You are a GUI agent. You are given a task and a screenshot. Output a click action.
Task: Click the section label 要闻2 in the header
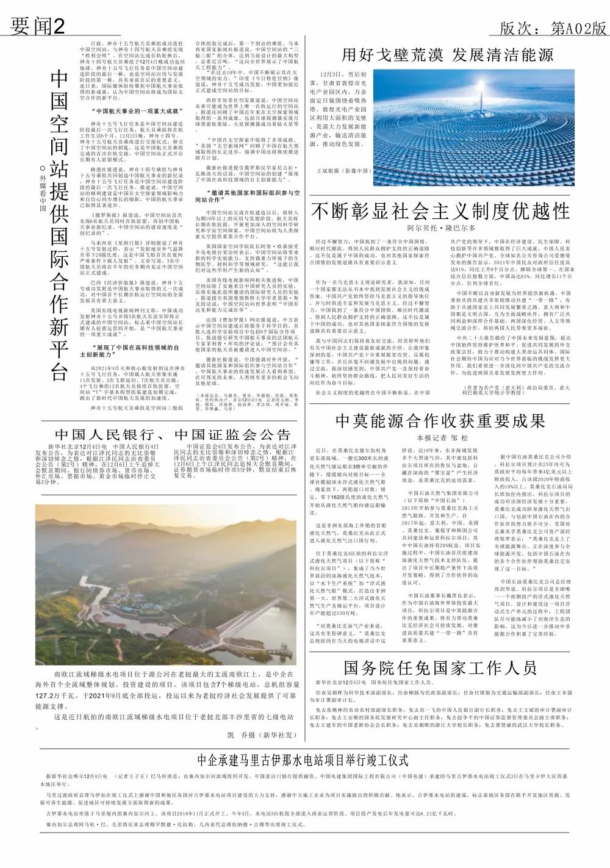click(38, 26)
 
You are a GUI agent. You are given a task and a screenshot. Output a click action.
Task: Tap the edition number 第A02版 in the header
click(553, 28)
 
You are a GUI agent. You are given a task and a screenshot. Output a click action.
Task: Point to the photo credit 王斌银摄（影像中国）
click(341, 171)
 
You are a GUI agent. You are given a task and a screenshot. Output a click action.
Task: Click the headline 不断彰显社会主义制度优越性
click(440, 212)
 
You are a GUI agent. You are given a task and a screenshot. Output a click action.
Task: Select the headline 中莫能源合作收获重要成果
click(440, 421)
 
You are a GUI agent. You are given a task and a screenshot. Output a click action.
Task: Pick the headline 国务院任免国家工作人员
click(440, 667)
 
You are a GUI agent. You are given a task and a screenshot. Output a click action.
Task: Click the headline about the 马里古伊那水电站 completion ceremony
click(303, 760)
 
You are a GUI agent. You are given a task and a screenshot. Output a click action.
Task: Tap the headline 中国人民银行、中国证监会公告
click(173, 434)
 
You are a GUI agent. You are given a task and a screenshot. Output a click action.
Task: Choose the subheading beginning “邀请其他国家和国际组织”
click(246, 196)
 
